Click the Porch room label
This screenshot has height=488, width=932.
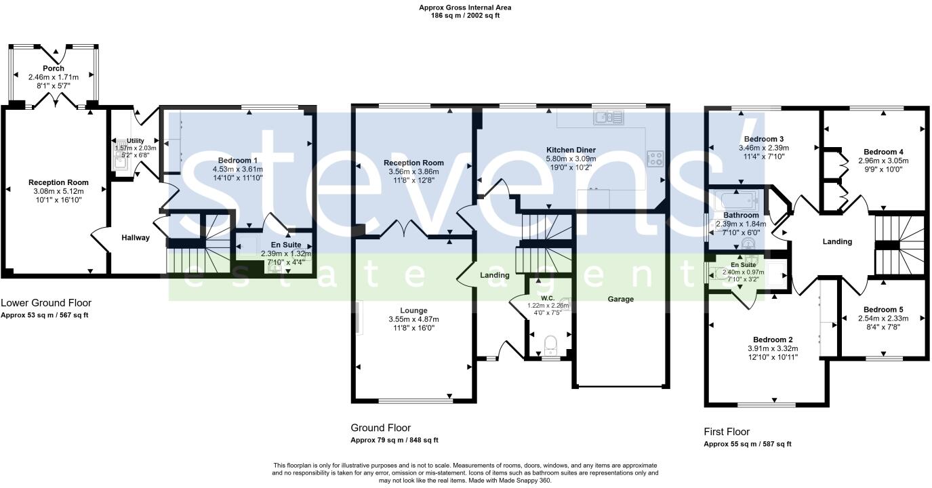click(x=54, y=68)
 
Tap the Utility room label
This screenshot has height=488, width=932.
click(x=135, y=140)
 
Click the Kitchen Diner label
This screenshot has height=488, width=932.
click(x=571, y=149)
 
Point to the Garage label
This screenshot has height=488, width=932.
click(x=620, y=299)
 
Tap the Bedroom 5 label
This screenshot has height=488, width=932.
click(x=883, y=309)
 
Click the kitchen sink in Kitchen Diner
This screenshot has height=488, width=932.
click(x=609, y=119)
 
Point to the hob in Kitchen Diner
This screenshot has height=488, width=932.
click(x=655, y=159)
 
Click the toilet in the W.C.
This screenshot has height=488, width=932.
click(x=550, y=343)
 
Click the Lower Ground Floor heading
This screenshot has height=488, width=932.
click(x=46, y=303)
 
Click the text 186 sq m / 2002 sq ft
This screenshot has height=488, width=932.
click(x=465, y=16)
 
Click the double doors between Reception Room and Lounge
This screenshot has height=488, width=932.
click(x=404, y=231)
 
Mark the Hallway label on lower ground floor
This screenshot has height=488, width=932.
click(x=136, y=238)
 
